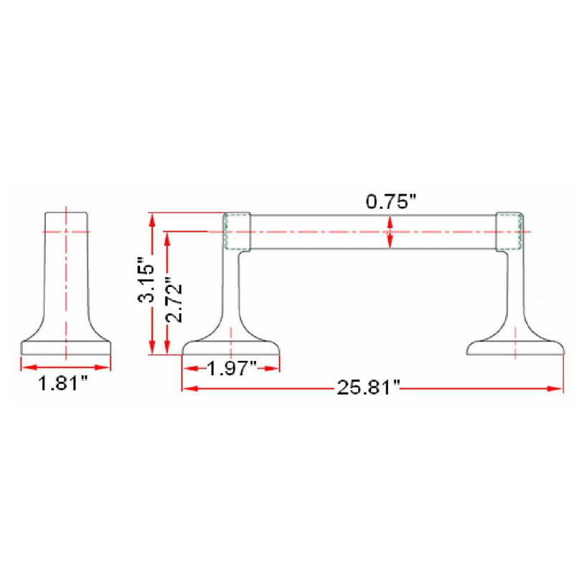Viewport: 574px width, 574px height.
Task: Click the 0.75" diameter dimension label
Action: [391, 202]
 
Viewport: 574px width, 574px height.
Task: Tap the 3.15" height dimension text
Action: [146, 280]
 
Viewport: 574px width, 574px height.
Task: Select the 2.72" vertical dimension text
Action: [174, 300]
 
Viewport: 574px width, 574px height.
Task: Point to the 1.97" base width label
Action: [232, 367]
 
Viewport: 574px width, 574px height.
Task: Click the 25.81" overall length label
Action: [368, 387]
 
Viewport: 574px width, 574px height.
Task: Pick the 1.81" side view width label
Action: [63, 383]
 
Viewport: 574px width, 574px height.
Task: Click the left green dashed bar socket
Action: [237, 232]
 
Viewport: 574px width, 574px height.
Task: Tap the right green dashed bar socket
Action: [509, 232]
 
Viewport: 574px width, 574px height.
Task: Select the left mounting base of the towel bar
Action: [231, 348]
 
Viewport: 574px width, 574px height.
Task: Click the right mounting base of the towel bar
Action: [515, 348]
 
